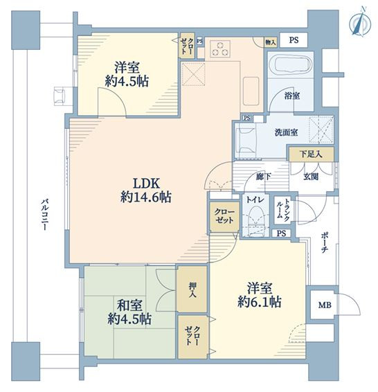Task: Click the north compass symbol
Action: (360, 23)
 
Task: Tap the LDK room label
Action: (146, 184)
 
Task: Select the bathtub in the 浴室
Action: (291, 65)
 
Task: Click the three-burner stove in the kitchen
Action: (219, 48)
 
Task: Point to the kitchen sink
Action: (251, 91)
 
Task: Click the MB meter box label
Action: (325, 305)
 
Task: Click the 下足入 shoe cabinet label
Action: (311, 154)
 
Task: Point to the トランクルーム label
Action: (283, 209)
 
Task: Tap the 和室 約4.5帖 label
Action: (129, 312)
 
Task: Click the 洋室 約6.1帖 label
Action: (260, 294)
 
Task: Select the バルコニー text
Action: (44, 215)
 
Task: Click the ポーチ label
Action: (324, 242)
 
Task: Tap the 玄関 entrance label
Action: (311, 177)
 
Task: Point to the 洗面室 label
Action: (287, 132)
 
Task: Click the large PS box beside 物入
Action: (294, 40)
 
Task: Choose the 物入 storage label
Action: (271, 42)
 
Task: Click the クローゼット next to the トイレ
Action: (224, 217)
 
